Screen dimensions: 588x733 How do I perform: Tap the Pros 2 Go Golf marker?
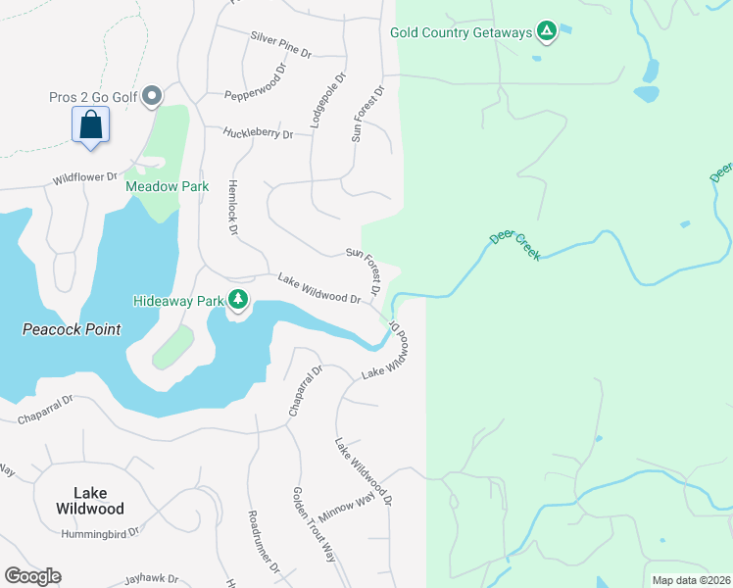[152, 96]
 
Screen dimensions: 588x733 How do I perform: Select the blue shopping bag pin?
[90, 126]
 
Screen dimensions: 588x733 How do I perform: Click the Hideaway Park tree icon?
[237, 300]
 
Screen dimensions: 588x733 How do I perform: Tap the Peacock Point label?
[72, 329]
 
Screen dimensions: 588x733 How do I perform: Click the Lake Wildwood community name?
[88, 501]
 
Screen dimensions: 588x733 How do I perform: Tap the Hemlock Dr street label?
[233, 207]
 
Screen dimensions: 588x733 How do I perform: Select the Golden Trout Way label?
[315, 524]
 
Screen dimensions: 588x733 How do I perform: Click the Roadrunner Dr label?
[264, 541]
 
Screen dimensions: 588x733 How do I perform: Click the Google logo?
[32, 576]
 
